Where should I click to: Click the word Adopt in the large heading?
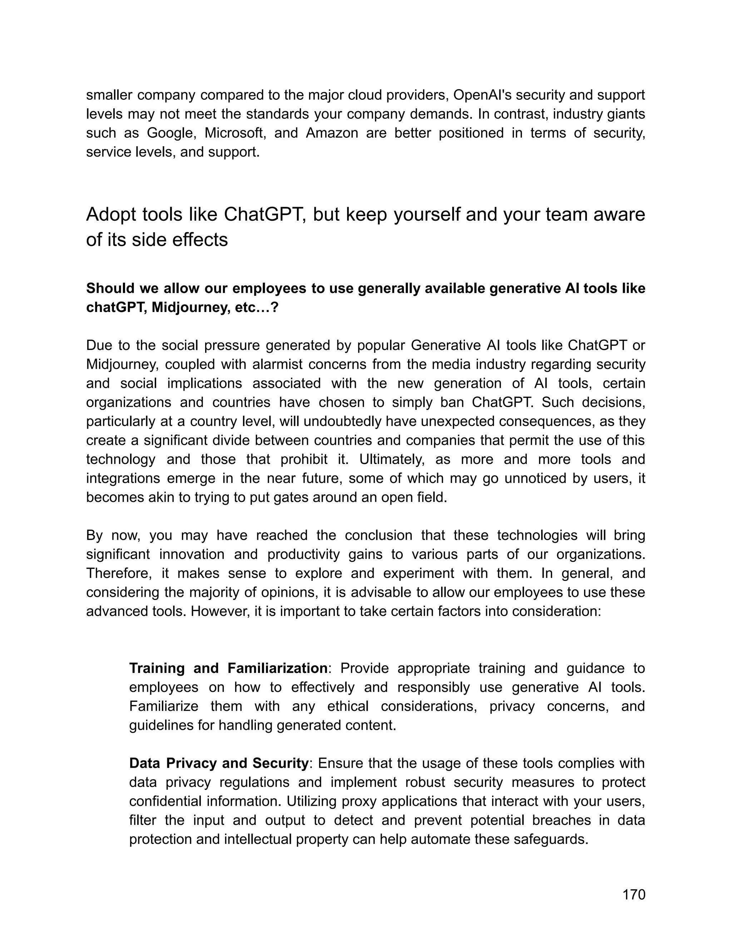[110, 215]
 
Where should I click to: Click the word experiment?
[419, 573]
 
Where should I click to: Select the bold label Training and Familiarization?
[228, 668]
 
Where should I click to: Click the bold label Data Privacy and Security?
[218, 763]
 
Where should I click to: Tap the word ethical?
[347, 706]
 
